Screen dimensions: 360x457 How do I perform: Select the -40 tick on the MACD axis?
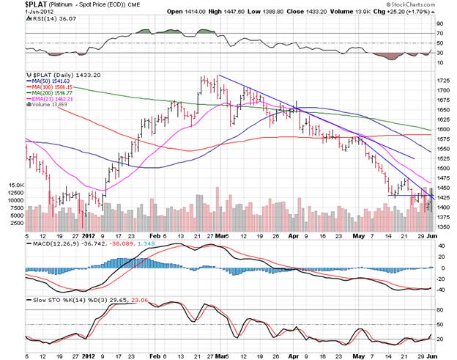pyautogui.click(x=442, y=290)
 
